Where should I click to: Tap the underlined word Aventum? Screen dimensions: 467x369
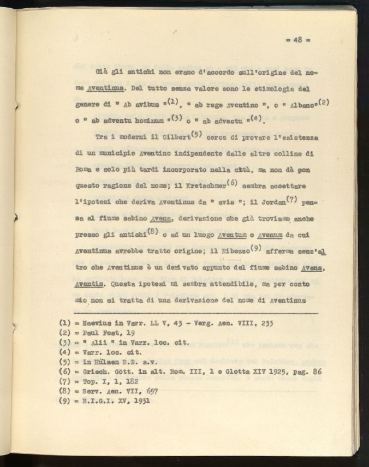[234, 235]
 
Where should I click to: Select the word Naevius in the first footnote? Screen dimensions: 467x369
[97, 323]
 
